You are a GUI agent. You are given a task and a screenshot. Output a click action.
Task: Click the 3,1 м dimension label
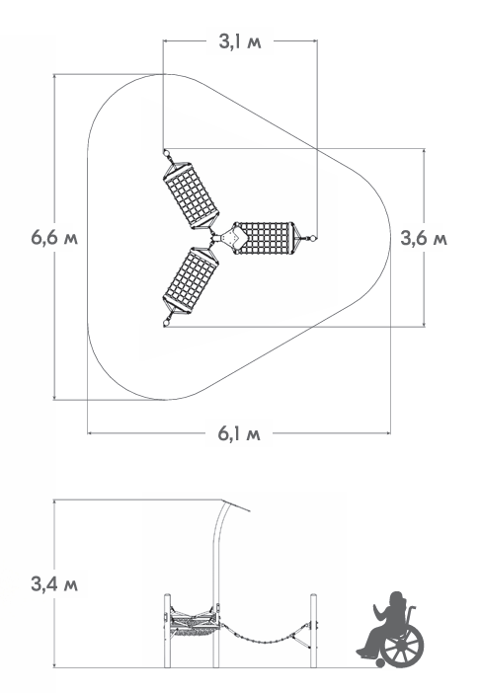click(240, 41)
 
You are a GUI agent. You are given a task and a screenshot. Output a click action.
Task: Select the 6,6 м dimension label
click(54, 238)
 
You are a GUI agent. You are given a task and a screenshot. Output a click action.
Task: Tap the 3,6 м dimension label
click(424, 238)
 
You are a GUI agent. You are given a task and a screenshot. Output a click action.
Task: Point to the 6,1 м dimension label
click(239, 434)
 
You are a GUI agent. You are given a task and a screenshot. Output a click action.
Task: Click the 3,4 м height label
click(54, 584)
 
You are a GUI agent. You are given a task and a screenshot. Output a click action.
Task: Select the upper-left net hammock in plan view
click(192, 194)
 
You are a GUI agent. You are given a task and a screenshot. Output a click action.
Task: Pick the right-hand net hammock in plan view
click(267, 238)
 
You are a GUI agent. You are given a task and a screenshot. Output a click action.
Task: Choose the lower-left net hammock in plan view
click(192, 280)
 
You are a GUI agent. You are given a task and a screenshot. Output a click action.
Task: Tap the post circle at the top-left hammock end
click(166, 153)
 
